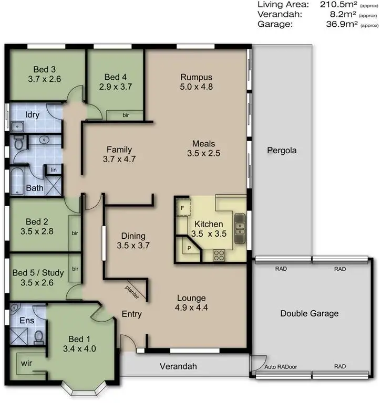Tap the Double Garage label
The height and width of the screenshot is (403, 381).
click(309, 314)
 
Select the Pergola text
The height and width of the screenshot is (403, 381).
click(281, 151)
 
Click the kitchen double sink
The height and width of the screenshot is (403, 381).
click(241, 224)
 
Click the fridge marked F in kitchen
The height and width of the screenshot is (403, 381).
click(182, 208)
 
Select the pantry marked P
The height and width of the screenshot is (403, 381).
click(188, 248)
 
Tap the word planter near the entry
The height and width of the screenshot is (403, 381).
click(132, 292)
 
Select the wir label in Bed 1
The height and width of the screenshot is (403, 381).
click(26, 363)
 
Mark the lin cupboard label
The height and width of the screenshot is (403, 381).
click(53, 169)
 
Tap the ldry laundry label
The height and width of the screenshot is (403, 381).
click(33, 114)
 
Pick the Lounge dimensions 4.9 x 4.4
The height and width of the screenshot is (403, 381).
click(191, 308)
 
